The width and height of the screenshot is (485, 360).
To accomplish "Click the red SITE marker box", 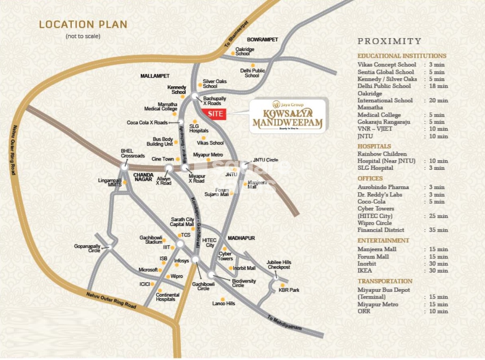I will (215, 114).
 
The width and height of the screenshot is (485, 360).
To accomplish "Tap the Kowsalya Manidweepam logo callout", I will (288, 116).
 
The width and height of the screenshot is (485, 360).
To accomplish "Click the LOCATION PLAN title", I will (83, 24).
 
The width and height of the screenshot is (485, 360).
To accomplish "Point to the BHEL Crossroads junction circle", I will (124, 165).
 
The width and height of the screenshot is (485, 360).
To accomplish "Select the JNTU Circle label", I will (265, 160).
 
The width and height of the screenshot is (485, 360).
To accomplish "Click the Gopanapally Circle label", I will (87, 248).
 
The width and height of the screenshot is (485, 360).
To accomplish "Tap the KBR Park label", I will (289, 290).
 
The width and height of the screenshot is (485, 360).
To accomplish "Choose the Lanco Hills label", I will (223, 303).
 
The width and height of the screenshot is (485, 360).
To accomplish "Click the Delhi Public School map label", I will (252, 73).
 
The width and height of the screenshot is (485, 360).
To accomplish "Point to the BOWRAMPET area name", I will (262, 40).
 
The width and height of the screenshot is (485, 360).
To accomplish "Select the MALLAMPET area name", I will (155, 76).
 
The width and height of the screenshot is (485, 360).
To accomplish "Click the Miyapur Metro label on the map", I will (208, 155).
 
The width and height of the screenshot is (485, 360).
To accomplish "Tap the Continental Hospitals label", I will (168, 297).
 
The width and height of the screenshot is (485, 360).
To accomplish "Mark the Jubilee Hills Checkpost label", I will (278, 264).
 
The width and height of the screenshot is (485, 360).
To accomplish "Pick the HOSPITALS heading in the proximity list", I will (374, 146).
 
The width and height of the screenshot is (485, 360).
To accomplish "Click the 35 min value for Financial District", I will (436, 230).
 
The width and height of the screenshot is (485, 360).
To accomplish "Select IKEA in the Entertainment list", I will (365, 271).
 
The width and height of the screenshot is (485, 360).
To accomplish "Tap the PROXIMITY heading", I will (389, 41).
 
